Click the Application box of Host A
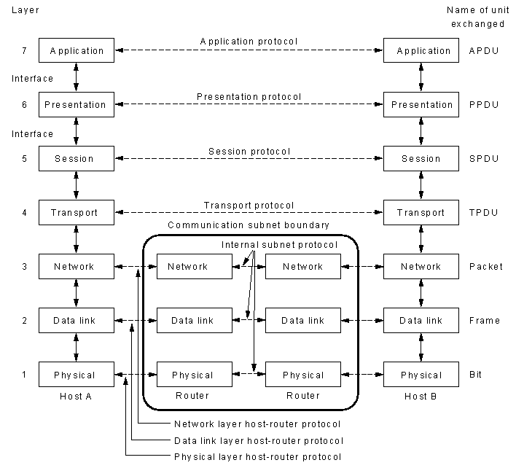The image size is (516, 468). [x=77, y=50]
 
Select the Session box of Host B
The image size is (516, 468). [x=421, y=159]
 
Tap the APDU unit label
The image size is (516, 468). [x=484, y=51]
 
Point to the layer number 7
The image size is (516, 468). [x=24, y=51]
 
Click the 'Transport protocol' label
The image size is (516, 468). [x=249, y=206]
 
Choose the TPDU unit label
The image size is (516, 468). [x=483, y=213]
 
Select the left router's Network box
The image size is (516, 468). [x=195, y=266]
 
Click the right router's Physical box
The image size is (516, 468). [x=303, y=375]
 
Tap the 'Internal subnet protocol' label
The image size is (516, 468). [x=279, y=245]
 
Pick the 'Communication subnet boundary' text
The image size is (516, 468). [x=249, y=225]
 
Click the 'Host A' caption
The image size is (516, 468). [x=76, y=397]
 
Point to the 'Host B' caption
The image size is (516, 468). [x=421, y=397]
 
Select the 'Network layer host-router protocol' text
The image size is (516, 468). [x=257, y=424]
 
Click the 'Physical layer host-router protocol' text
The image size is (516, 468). [x=258, y=457]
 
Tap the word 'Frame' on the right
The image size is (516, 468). [x=485, y=321]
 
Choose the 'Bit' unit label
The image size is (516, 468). [x=475, y=375]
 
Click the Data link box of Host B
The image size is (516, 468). [x=421, y=320]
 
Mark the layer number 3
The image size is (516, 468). [x=24, y=267]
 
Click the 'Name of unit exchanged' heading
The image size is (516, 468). [x=478, y=17]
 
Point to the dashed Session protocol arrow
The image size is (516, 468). [x=249, y=158]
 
